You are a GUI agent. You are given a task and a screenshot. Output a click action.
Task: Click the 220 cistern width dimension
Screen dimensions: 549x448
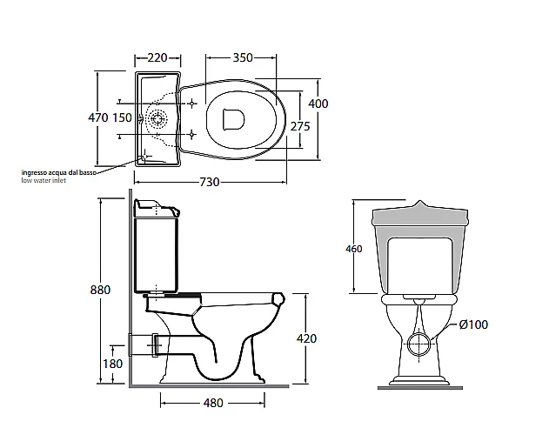tap(157, 57)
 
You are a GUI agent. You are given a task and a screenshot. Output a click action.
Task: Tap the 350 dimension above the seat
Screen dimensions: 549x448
tap(243, 57)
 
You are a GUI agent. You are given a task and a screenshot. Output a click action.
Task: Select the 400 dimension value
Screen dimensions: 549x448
tap(318, 104)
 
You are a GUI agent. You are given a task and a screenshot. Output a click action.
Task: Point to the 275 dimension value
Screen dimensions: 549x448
tap(300, 126)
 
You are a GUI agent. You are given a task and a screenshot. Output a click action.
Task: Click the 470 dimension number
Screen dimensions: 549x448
tap(98, 117)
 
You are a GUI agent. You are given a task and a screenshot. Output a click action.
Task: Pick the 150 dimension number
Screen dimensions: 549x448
tap(122, 117)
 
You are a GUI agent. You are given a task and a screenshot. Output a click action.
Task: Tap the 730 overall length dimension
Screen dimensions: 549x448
tap(210, 182)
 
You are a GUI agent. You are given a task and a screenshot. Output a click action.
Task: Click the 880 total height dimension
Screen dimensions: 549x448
tap(100, 290)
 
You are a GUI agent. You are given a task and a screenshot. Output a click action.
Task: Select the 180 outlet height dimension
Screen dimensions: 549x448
tap(113, 364)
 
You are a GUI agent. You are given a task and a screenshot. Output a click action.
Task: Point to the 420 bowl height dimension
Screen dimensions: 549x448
tap(306, 338)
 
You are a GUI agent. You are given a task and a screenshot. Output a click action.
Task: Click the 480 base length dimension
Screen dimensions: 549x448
tap(213, 403)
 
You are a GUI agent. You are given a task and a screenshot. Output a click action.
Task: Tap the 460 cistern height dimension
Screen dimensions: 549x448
tap(353, 249)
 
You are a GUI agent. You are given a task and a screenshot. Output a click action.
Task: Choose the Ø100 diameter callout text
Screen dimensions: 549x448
tap(473, 324)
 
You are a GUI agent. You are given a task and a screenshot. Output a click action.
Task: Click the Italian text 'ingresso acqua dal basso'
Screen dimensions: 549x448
tap(59, 172)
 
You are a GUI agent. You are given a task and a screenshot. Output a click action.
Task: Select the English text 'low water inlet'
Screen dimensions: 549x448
tap(44, 180)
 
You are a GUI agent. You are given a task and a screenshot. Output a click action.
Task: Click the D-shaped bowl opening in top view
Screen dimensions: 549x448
tap(233, 119)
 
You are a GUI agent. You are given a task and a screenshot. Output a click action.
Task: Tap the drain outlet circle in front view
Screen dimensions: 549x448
tap(419, 344)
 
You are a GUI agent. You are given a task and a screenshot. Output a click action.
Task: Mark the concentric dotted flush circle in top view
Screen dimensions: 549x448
tap(157, 119)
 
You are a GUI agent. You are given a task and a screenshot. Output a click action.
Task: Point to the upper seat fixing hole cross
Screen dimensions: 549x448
tap(192, 104)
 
